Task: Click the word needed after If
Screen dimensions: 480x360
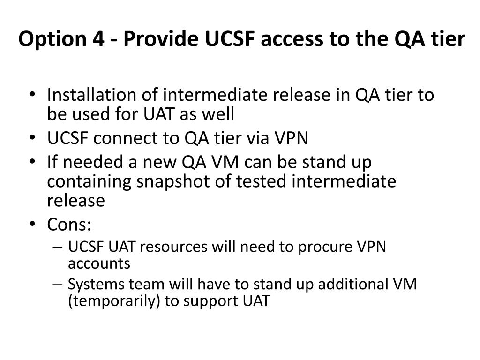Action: (88, 163)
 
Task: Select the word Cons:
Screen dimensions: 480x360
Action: (69, 225)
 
